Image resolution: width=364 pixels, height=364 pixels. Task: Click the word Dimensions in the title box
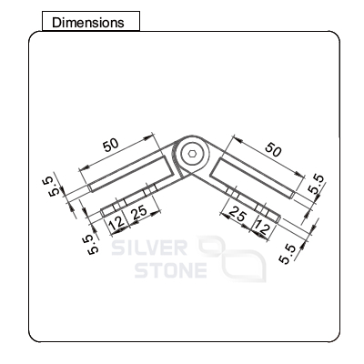tap(88, 23)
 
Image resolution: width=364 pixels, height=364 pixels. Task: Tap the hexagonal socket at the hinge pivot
tap(191, 154)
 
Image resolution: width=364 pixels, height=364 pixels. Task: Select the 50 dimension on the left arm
tap(111, 146)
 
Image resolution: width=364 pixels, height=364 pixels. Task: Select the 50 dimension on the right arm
tap(273, 149)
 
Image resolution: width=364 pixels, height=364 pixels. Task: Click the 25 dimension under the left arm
tap(140, 212)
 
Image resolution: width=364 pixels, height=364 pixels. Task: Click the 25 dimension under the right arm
tap(238, 214)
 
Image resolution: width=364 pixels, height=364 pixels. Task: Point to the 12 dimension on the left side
tap(117, 224)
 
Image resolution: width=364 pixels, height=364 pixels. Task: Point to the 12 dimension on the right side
tap(261, 227)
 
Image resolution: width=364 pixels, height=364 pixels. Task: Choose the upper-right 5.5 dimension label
tap(317, 185)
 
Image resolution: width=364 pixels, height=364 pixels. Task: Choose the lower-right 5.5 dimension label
tap(288, 254)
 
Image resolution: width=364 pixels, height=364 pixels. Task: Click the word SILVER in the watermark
tap(149, 248)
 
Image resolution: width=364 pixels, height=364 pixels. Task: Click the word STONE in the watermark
tap(171, 270)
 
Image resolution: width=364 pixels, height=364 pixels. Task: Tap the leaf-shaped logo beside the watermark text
tap(232, 259)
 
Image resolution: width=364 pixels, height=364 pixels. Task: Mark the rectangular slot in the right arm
tap(252, 178)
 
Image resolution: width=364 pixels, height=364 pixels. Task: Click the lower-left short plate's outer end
tap(102, 213)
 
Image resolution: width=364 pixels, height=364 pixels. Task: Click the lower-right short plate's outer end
tap(278, 219)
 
